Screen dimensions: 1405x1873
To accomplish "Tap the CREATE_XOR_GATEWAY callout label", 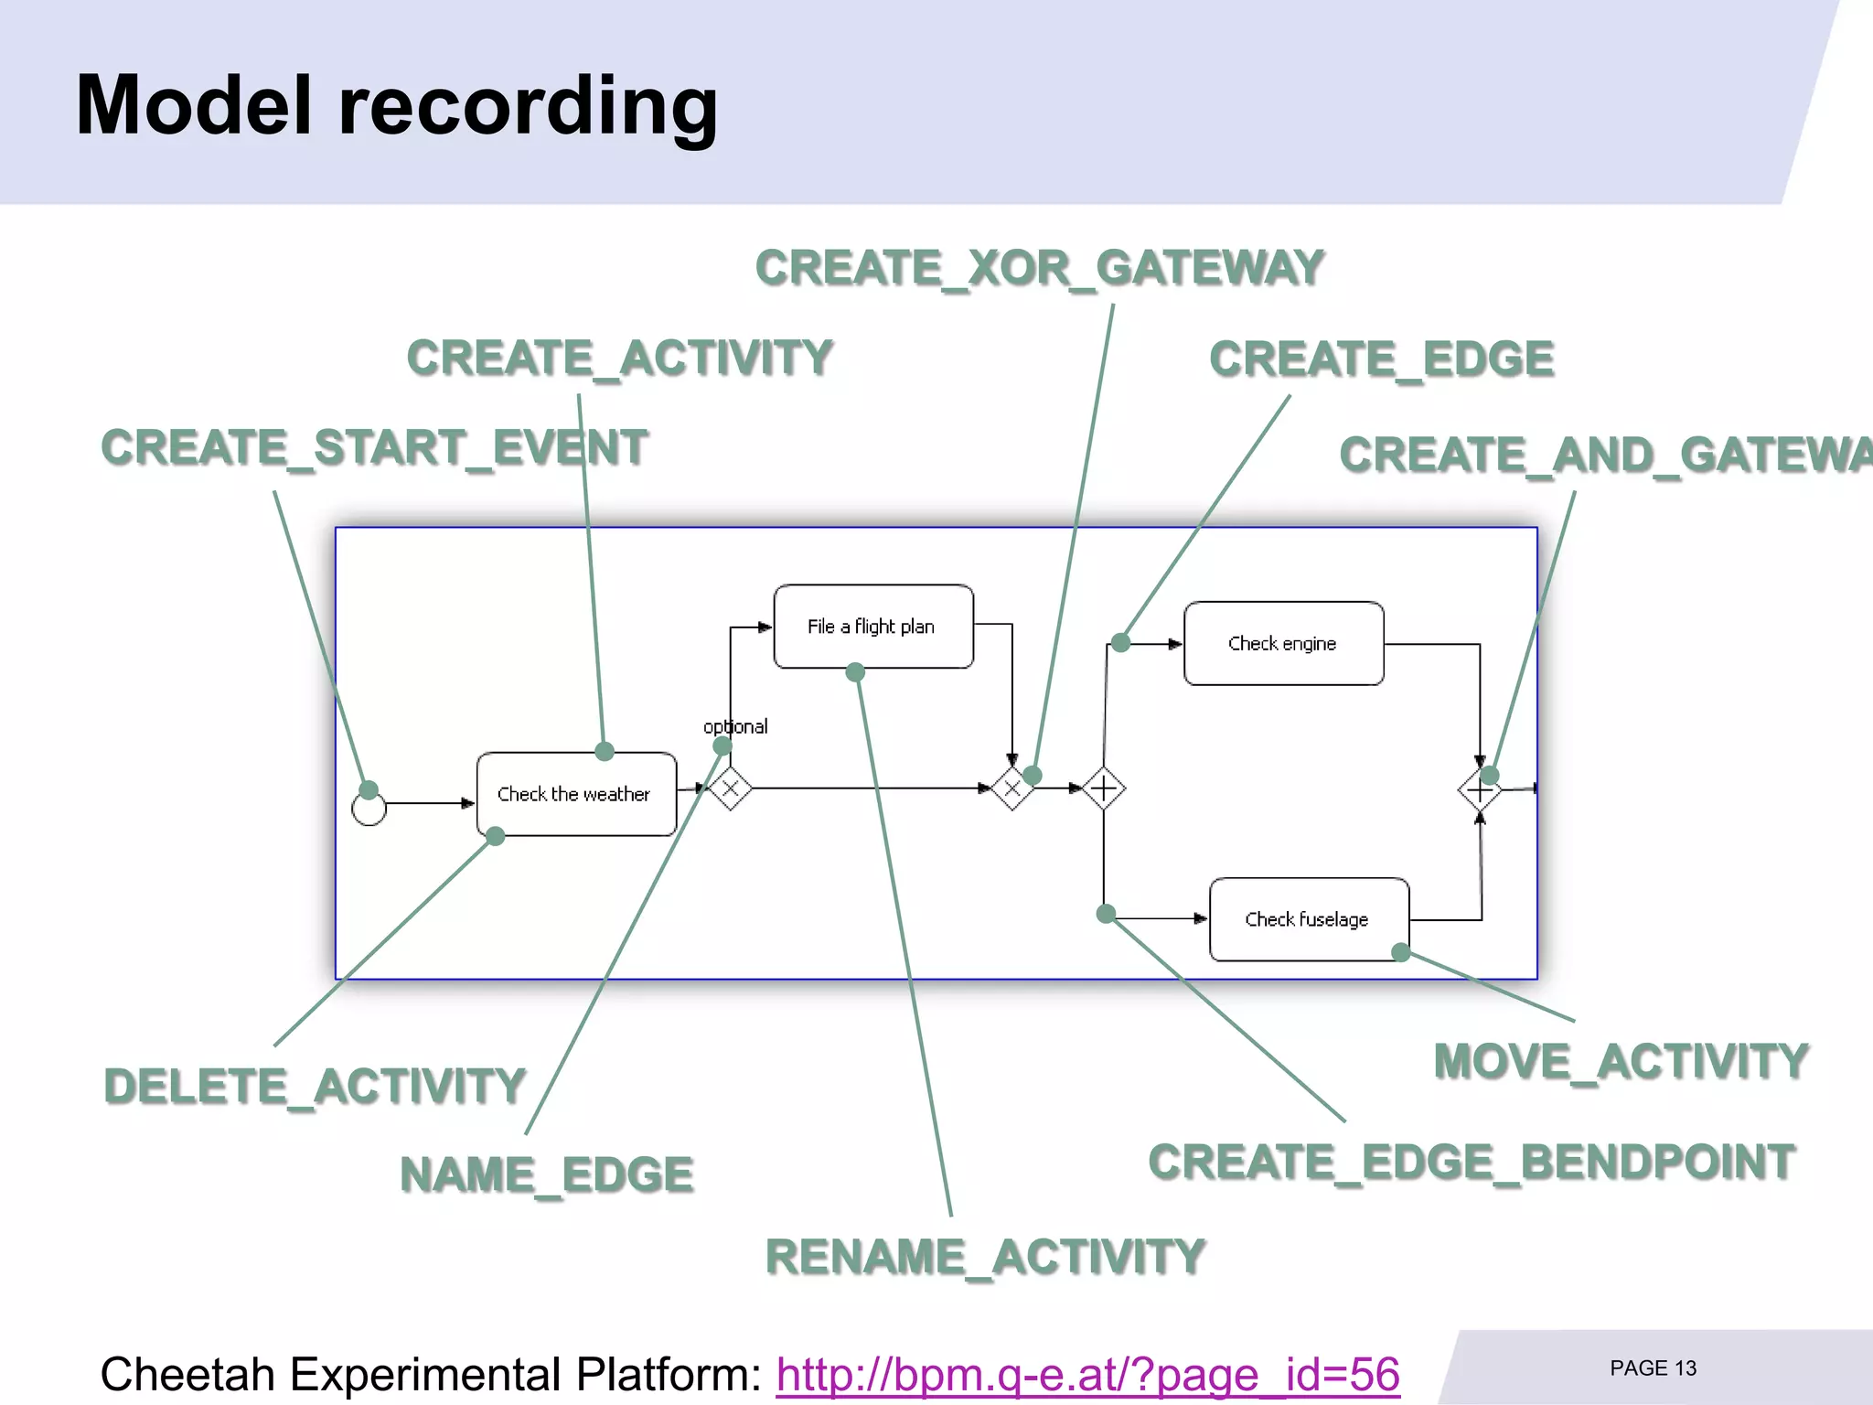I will point(1039,268).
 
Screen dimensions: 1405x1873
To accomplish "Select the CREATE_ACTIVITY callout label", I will point(619,358).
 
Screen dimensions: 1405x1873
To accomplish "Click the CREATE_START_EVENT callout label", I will point(374,448).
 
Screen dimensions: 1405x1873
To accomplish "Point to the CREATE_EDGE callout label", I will point(1381,359).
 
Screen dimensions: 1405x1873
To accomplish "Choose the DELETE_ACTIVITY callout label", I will point(315,1087).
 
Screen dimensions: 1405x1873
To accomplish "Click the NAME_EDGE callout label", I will point(546,1175).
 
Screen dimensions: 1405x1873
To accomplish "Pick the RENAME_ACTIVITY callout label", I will point(985,1257).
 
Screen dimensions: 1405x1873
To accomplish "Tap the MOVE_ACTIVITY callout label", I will point(1621,1062).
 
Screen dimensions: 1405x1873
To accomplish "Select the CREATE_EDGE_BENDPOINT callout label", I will point(1472,1163).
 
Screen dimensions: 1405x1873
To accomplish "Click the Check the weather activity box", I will point(575,794).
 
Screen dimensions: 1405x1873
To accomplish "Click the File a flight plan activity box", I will point(872,627).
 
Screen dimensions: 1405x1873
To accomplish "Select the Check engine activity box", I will point(1282,643).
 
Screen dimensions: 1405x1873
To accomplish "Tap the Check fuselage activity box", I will point(1308,919).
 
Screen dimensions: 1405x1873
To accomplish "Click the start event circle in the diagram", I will point(369,809).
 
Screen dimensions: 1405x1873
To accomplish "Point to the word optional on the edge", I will point(735,726).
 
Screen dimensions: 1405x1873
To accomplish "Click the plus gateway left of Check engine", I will point(1104,788).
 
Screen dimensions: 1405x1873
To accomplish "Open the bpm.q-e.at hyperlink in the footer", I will point(1087,1374).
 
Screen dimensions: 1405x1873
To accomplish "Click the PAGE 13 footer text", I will point(1653,1368).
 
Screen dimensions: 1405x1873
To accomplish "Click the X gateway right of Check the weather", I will point(730,788).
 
